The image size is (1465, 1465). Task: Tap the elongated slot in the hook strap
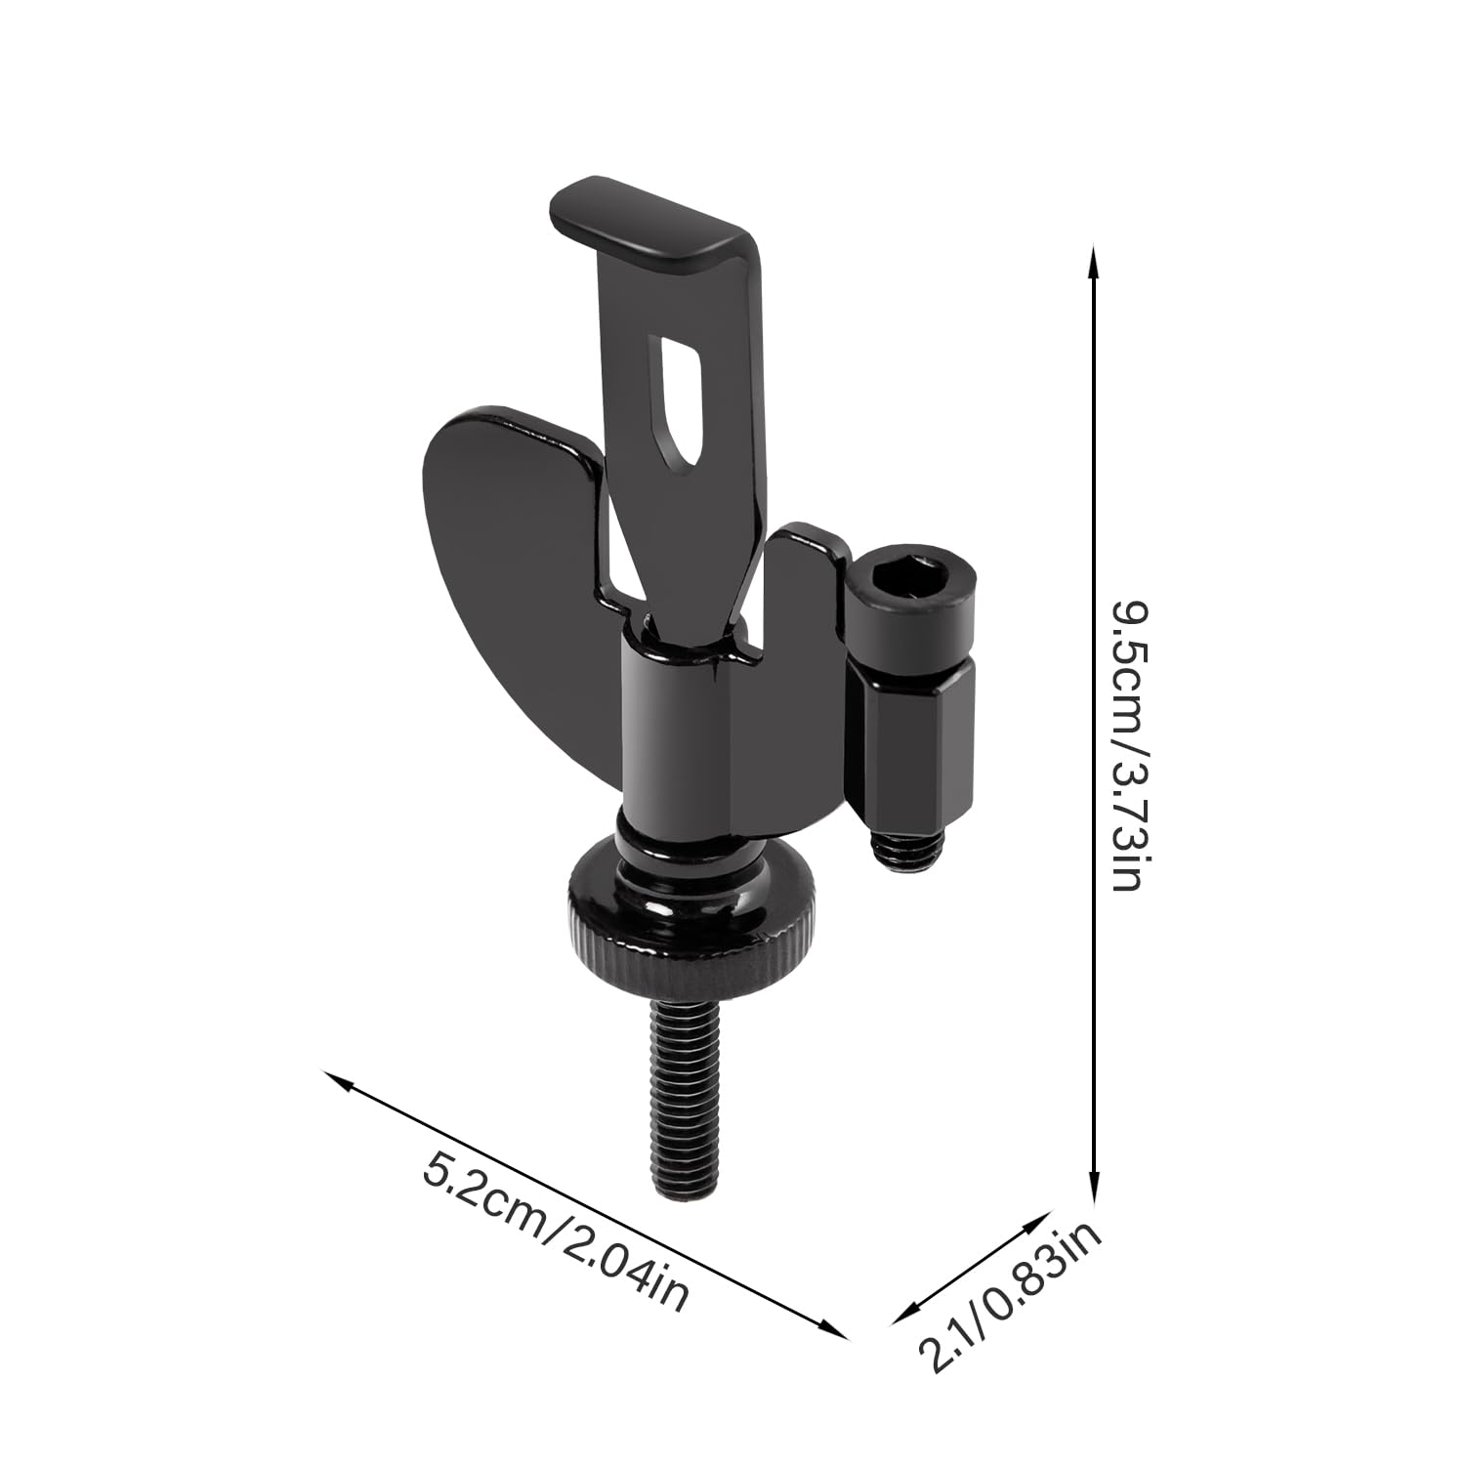click(683, 400)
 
